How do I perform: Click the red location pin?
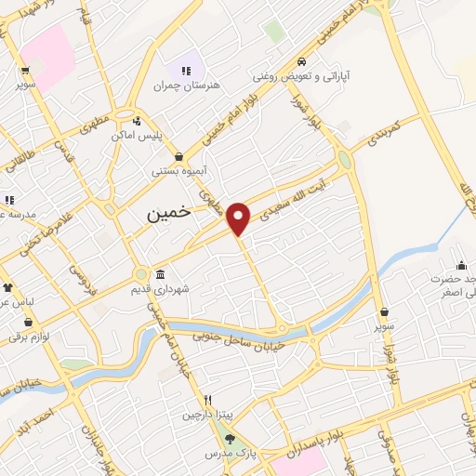239,218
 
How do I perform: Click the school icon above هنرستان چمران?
186,71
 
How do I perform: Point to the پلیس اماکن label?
138,136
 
